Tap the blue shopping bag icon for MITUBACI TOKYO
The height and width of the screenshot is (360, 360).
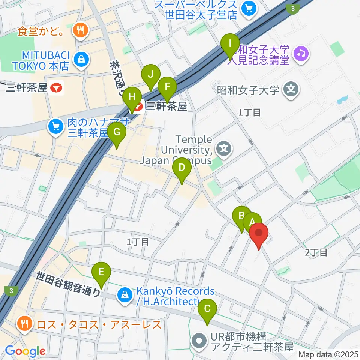pyautogui.click(x=80, y=58)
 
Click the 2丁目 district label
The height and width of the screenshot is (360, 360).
pyautogui.click(x=316, y=252)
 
